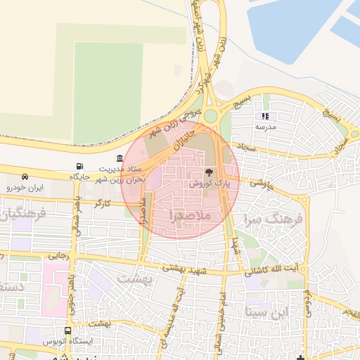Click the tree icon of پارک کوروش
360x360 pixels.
[x=209, y=172]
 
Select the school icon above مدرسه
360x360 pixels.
[x=265, y=116]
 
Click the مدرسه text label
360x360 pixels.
[x=265, y=127]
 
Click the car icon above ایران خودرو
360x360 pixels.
[x=25, y=176]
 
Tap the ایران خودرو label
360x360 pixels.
[x=25, y=188]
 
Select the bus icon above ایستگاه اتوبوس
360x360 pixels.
[x=67, y=330]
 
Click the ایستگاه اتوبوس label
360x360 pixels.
[x=67, y=341]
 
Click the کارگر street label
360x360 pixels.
[x=103, y=203]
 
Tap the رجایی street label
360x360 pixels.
[x=59, y=257]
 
